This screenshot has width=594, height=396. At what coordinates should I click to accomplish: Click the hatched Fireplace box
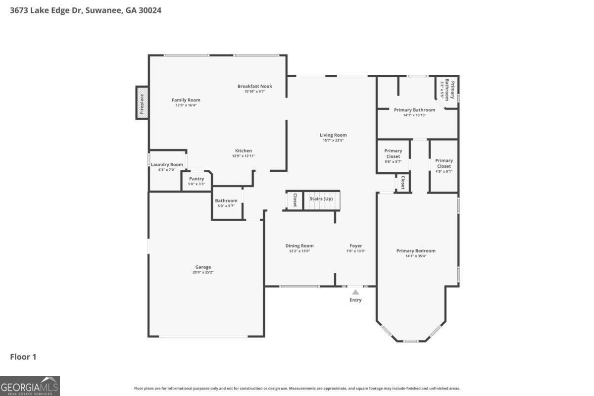pos(142,103)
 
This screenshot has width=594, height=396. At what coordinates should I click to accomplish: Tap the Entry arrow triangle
pos(355,292)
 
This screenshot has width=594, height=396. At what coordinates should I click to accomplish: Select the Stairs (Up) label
pos(321,198)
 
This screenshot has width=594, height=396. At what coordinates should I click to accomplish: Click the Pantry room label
pos(197,179)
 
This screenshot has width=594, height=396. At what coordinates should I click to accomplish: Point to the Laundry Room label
pos(167,164)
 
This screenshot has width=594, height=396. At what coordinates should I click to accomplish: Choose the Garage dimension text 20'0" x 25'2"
pos(203,272)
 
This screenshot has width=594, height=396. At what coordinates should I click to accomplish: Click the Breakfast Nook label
pos(255,86)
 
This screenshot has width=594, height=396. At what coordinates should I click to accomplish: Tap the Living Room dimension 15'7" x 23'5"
pos(333,140)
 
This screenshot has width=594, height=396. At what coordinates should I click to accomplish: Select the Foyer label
pos(356,246)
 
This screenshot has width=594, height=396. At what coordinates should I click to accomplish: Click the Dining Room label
pos(299,246)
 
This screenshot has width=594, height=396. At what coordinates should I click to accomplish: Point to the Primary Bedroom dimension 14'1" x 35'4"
pos(416,256)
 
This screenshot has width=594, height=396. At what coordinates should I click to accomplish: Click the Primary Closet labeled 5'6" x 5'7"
pos(393,156)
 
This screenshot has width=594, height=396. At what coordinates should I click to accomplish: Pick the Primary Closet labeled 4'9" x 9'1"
pos(444,166)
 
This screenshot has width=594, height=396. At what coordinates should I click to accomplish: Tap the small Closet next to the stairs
pos(295,200)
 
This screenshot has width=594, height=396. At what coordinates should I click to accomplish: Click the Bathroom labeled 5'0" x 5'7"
pos(226,203)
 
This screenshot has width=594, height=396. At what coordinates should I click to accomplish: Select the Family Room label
pos(186,100)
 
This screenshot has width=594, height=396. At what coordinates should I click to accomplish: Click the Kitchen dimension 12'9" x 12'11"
pos(244,156)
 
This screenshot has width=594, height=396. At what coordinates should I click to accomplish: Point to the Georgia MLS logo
pos(30,386)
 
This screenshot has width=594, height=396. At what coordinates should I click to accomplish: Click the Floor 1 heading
pos(23,357)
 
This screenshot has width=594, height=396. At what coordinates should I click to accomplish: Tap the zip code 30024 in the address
pos(150,10)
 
